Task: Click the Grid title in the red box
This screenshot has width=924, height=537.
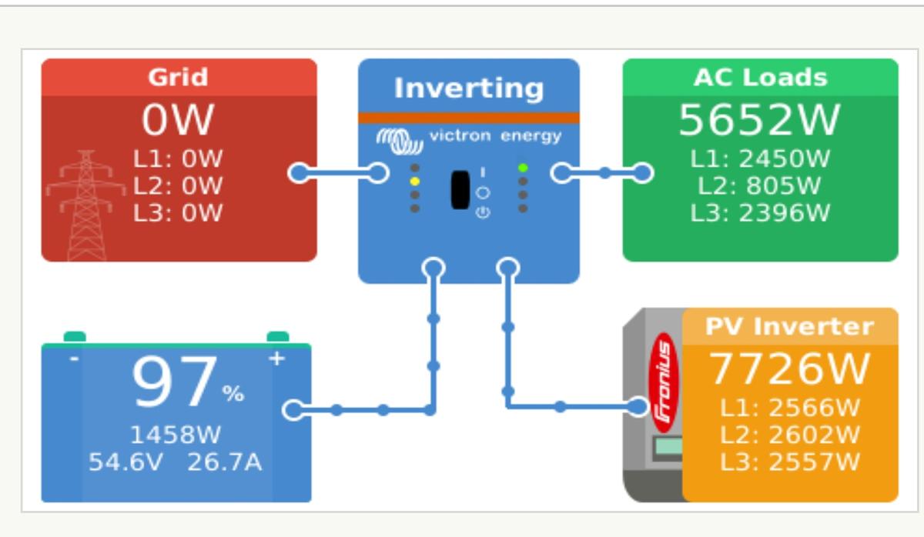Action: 179,77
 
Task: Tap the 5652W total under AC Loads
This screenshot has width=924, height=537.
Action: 759,121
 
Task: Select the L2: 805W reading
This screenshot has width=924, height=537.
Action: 759,185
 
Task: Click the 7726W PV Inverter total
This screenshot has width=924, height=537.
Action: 788,369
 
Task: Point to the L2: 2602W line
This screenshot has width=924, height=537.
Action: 790,435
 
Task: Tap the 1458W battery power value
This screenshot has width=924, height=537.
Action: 175,435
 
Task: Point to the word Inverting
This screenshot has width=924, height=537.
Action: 468,88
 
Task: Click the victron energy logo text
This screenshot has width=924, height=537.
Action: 494,137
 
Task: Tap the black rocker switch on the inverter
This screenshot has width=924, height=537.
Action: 460,190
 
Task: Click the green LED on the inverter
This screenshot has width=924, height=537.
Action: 524,168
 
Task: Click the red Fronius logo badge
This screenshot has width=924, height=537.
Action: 662,381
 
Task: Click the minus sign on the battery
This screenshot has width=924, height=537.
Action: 74,359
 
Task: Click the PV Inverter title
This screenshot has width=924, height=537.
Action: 790,326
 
